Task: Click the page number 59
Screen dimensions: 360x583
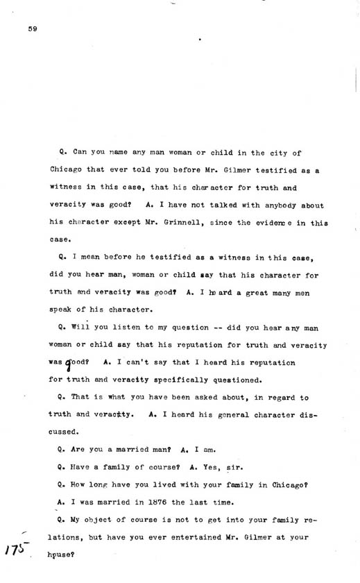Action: [x=32, y=28]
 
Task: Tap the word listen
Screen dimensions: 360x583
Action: [x=117, y=327]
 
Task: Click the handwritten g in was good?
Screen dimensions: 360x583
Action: [x=68, y=362]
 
